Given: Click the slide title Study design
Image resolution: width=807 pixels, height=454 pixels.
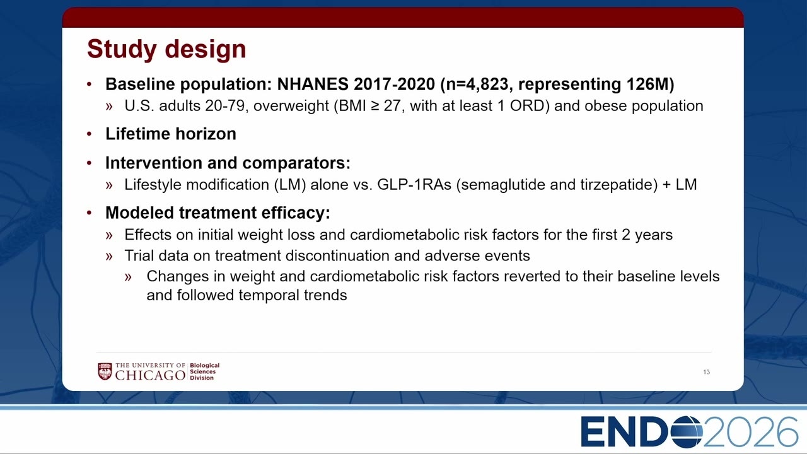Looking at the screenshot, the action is point(166,49).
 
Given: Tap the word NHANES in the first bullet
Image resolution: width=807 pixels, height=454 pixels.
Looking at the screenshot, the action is point(313,84).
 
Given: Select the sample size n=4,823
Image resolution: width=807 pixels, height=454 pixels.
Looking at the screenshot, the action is point(479,84).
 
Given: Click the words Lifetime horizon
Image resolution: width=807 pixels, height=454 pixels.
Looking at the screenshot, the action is point(171,134).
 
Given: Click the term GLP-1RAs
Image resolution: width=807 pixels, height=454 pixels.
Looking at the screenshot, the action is point(414,185).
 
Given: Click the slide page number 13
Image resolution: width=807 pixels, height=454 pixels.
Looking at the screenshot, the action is point(707,372).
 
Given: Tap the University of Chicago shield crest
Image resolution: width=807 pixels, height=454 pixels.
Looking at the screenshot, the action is point(105,371).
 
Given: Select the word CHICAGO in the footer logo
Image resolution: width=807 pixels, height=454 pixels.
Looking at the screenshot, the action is point(150,375).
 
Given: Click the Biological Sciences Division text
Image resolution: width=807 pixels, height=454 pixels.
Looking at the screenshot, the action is point(205,371).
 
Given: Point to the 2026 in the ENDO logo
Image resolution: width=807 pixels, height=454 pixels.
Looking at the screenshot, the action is point(750,432).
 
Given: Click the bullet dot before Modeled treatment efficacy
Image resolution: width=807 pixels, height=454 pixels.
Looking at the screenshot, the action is point(90,213).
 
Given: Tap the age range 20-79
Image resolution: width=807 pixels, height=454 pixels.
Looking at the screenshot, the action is point(225,106).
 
